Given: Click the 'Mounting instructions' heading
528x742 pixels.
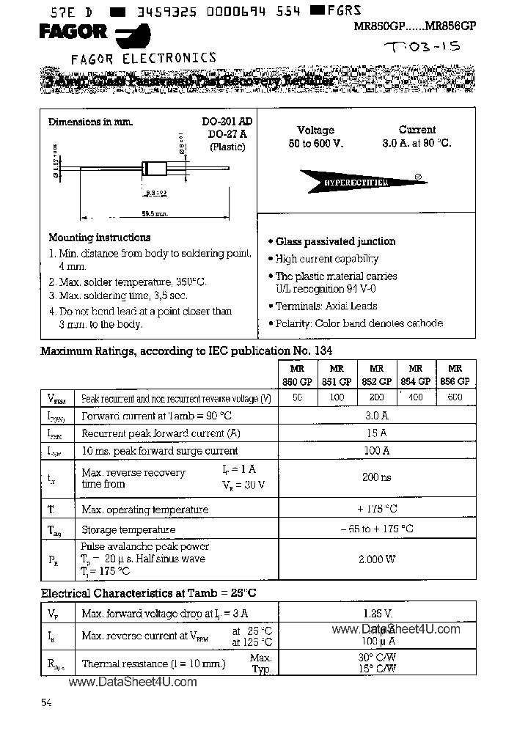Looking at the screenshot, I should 99,238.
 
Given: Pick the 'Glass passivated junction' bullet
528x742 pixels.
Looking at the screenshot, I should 334,241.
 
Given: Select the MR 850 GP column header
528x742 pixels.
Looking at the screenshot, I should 297,375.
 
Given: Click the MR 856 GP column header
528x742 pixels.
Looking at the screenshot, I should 455,375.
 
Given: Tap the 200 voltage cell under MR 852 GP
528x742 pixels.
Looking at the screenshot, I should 376,397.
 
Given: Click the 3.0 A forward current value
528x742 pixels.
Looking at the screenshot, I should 376,416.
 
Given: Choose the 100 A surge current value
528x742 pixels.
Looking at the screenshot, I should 376,451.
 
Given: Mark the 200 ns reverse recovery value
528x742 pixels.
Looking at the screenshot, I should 376,477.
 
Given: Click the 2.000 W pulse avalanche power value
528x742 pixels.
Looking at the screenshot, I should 376,559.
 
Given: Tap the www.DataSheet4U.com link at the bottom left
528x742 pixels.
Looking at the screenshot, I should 133,682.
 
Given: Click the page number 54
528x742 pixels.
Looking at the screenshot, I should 46,703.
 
